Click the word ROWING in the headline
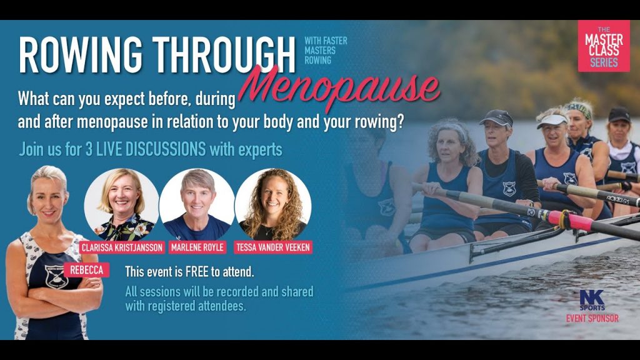click(x=81, y=55)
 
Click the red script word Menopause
click(x=339, y=87)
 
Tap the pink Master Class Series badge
click(x=604, y=46)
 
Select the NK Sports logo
click(x=592, y=300)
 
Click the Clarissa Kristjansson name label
click(x=122, y=247)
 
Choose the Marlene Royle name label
click(x=197, y=247)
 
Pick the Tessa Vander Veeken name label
click(x=273, y=247)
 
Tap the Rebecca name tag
click(x=86, y=270)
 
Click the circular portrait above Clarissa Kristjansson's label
click(x=122, y=204)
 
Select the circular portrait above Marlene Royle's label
click(x=197, y=204)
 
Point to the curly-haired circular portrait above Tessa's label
click(x=273, y=204)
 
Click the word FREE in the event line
click(x=197, y=272)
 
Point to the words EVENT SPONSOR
click(x=592, y=318)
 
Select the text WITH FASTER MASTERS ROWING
click(x=326, y=51)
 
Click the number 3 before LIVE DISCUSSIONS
click(x=89, y=150)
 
